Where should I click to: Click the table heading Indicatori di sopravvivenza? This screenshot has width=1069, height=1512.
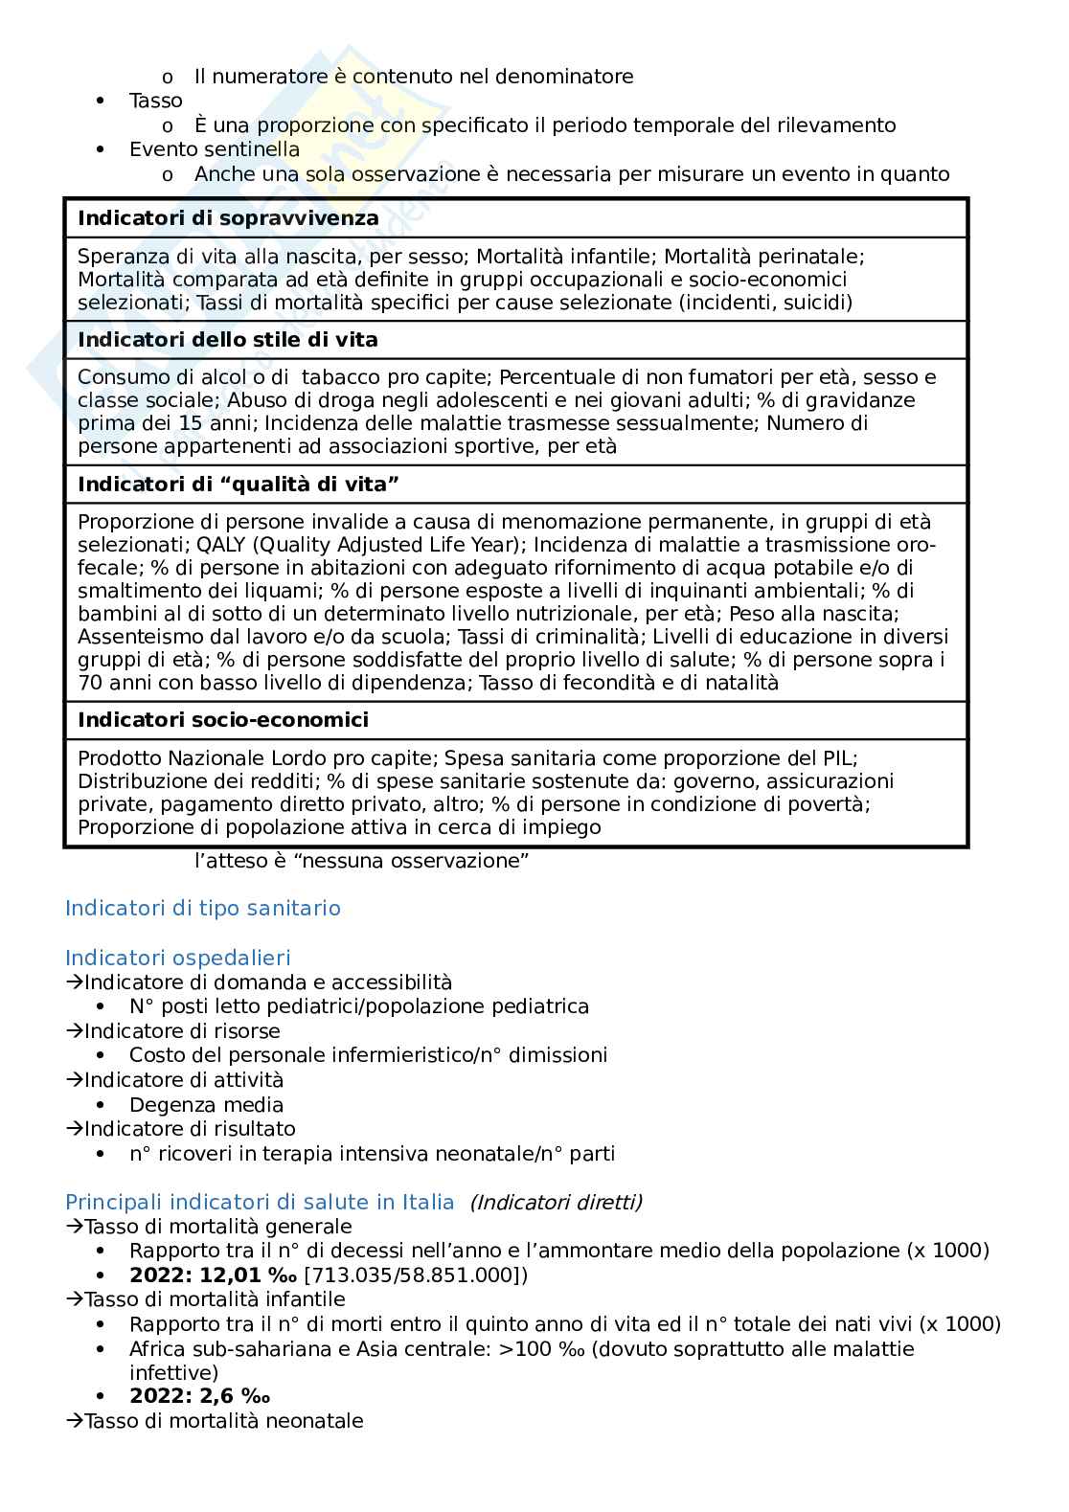coord(228,218)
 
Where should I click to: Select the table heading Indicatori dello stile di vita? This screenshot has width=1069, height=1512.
coord(227,340)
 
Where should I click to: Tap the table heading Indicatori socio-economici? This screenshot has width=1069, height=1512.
coord(222,719)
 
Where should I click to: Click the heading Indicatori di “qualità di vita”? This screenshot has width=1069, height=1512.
coord(238,485)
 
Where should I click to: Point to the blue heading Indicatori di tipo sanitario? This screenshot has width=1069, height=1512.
coord(202,908)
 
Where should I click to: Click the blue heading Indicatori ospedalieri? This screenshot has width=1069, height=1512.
coord(177,958)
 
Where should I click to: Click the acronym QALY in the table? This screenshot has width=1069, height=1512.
coord(221,545)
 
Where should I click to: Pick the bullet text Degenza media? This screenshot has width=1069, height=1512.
coord(206,1104)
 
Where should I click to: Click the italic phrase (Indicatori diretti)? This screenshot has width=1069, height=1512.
coord(556,1202)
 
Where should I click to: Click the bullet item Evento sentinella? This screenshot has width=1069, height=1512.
coord(214,149)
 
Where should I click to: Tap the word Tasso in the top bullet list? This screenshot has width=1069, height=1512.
coord(155,101)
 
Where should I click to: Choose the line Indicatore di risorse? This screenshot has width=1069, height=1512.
coord(182,1030)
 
